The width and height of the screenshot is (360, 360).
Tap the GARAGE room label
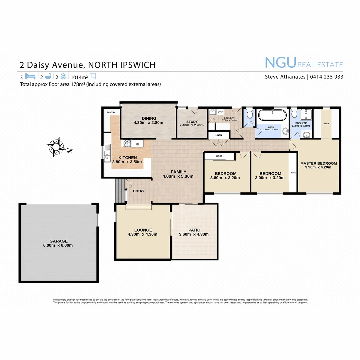[x=59, y=241]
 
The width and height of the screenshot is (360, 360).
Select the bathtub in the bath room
[x=273, y=116]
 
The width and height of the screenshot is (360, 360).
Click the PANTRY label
[x=111, y=113]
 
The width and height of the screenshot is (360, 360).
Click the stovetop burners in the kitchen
[x=127, y=144]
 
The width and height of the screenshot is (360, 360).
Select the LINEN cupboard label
[x=218, y=135]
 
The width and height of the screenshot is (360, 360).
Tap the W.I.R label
[x=326, y=123]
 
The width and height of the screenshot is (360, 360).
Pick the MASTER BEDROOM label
[x=318, y=163]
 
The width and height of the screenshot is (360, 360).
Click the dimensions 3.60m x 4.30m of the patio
[x=194, y=234]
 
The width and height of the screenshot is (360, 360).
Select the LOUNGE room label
[x=143, y=230]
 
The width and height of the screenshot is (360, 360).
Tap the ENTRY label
[x=139, y=191]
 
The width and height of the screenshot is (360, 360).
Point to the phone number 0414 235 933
[x=327, y=77]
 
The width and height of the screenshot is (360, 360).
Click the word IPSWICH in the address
[x=138, y=65]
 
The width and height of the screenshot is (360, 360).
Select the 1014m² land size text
[x=77, y=77]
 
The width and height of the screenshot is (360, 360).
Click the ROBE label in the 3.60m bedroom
[x=219, y=156]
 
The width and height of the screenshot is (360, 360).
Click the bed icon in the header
[x=30, y=76]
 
